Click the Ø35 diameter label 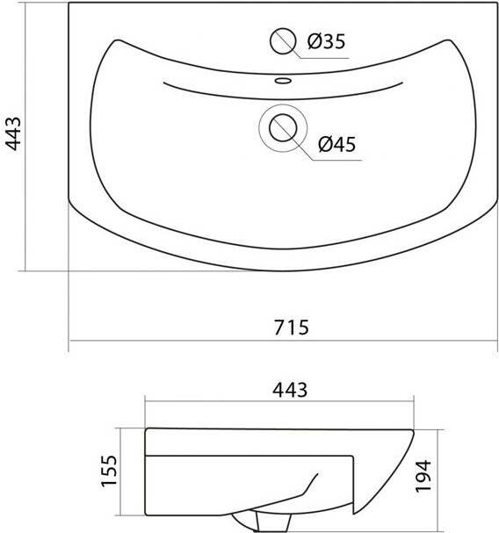click(326, 41)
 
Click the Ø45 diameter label click(337, 144)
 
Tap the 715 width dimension click(292, 327)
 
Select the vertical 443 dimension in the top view click(13, 133)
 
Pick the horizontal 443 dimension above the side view click(290, 390)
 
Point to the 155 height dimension click(110, 471)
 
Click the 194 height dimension click(423, 476)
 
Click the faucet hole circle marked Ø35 click(283, 41)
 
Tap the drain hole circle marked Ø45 click(283, 128)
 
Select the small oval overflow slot click(283, 81)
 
